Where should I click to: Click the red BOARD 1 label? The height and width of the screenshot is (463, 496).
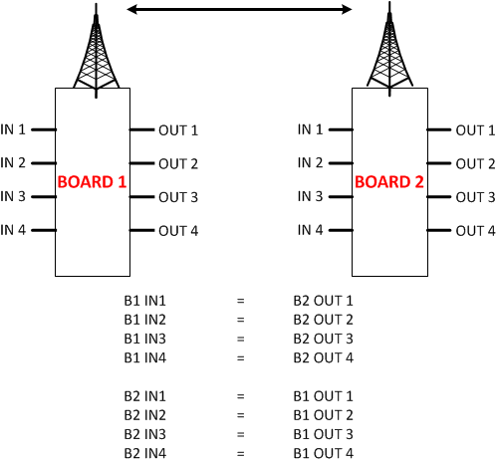[92, 182]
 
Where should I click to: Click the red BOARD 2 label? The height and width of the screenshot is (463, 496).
[389, 182]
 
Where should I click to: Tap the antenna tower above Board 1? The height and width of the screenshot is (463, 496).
[96, 51]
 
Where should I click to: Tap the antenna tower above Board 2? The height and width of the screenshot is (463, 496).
[389, 49]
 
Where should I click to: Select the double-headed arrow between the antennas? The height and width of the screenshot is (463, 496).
[239, 9]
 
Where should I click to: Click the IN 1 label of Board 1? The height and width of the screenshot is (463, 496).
[13, 129]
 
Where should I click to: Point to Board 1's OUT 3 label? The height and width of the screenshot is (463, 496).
[178, 197]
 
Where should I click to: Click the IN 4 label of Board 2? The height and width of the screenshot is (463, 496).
[310, 230]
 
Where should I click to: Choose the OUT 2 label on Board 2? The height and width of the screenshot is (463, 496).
[475, 163]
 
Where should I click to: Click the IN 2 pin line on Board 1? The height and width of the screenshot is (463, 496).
[44, 163]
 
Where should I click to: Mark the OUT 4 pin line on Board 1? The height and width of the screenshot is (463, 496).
[141, 230]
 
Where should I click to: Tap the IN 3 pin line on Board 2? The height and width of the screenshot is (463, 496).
[341, 196]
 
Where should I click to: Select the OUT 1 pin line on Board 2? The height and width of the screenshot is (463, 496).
[438, 129]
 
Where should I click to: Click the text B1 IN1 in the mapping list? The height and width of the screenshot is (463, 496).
[144, 301]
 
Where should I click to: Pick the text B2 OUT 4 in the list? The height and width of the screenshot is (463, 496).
[323, 357]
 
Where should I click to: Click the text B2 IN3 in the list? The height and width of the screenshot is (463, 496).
[144, 434]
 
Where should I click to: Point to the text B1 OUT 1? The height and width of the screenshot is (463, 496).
[323, 396]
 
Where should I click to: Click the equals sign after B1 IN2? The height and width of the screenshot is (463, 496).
[240, 320]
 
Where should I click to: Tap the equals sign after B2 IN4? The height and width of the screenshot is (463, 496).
[240, 454]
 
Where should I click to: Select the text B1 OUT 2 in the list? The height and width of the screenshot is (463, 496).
[323, 415]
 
